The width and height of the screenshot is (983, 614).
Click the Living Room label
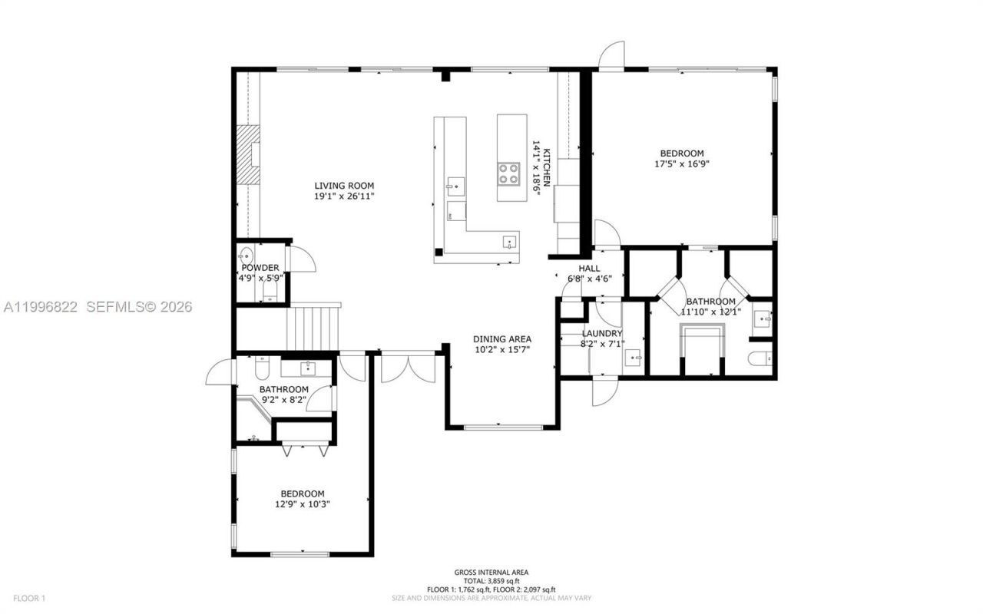pyautogui.click(x=344, y=185)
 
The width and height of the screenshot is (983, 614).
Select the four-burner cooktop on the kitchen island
pyautogui.click(x=508, y=173)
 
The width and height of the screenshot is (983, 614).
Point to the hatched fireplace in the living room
pyautogui.click(x=247, y=154)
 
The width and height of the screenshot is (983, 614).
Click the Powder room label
pyautogui.click(x=260, y=267)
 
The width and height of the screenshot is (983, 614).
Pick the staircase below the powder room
pyautogui.click(x=313, y=327)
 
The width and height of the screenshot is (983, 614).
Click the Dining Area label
pyautogui.click(x=502, y=338)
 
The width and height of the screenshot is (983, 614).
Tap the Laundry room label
pyautogui.click(x=601, y=333)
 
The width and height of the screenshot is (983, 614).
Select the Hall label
pyautogui.click(x=589, y=268)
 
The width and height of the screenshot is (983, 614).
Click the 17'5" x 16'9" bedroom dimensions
pyautogui.click(x=682, y=164)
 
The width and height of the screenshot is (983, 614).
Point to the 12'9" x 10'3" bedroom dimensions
pyautogui.click(x=302, y=504)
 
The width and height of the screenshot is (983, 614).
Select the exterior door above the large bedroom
pyautogui.click(x=611, y=55)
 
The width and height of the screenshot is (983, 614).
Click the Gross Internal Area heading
pyautogui.click(x=491, y=572)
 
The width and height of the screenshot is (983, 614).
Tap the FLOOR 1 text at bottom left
pyautogui.click(x=30, y=598)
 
